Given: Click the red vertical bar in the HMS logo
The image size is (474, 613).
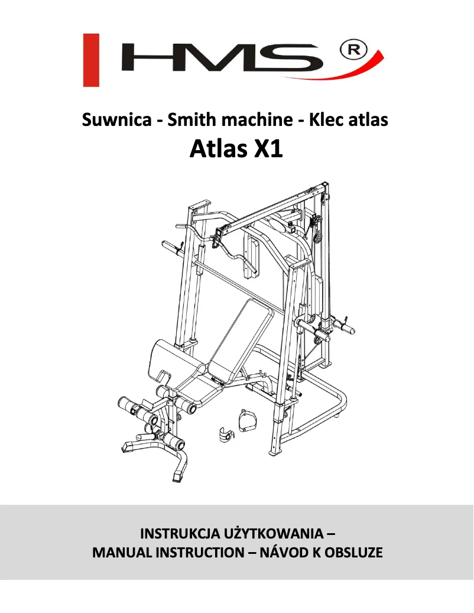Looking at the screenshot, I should [x=90, y=60].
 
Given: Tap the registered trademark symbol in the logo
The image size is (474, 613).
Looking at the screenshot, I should [x=354, y=50].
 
